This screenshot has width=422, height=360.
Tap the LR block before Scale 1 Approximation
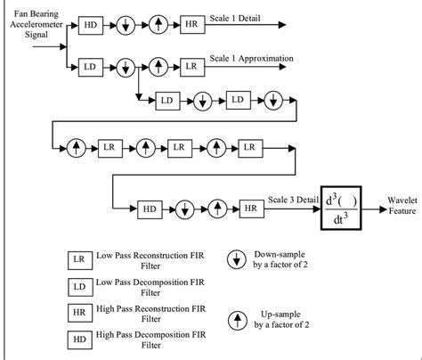point(192,65)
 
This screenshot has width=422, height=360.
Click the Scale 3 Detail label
point(295,200)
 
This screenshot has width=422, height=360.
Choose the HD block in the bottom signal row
point(147,209)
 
